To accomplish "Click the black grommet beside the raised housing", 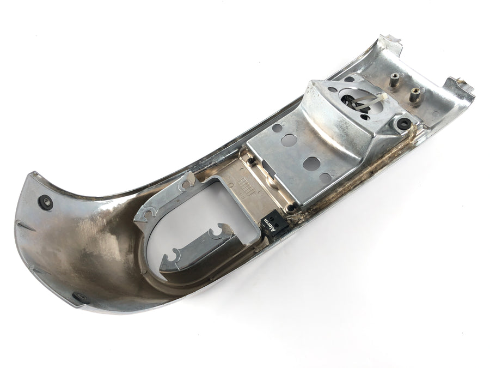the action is [x=401, y=123].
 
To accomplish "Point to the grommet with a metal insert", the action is [x=45, y=202].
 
